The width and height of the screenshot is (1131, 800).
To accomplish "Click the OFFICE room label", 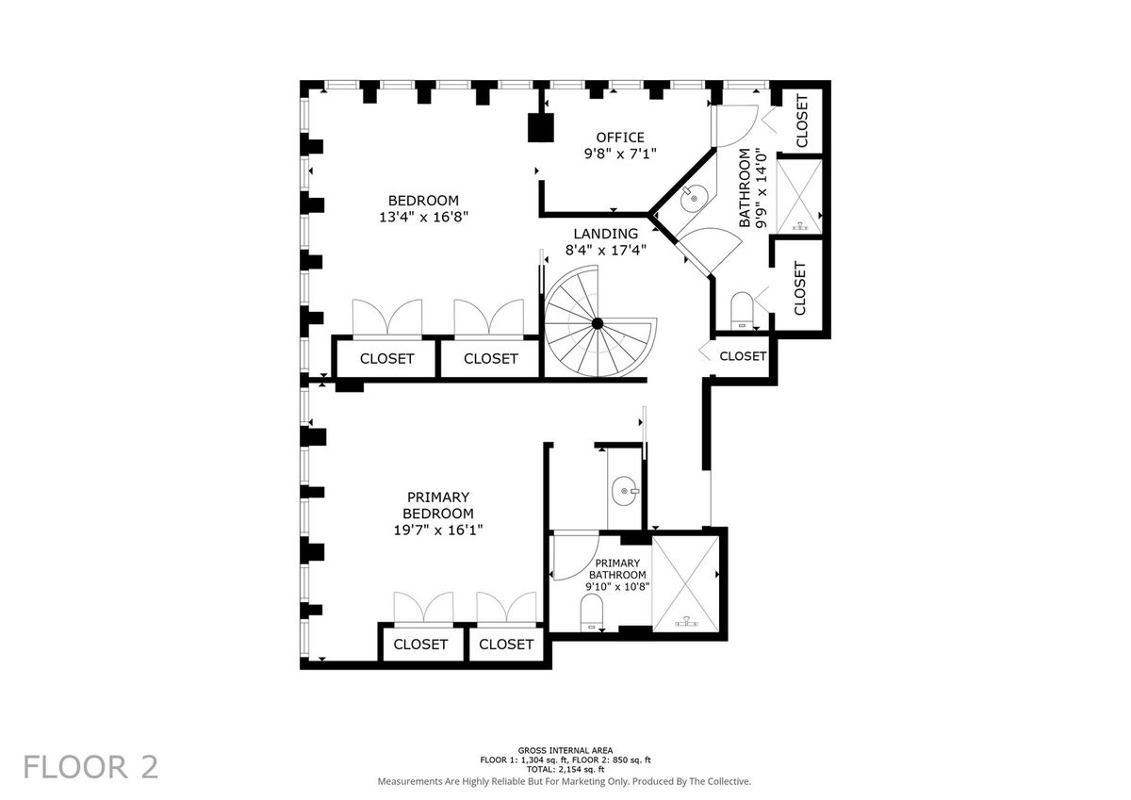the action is click(620, 138).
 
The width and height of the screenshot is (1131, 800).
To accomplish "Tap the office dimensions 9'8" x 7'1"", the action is click(620, 154).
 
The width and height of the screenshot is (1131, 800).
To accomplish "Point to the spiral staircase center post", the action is click(598, 323).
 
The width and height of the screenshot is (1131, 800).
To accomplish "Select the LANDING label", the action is click(605, 234).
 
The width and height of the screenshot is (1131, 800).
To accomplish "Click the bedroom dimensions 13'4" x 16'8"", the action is click(423, 217).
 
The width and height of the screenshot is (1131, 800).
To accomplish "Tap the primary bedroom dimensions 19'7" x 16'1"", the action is click(438, 530).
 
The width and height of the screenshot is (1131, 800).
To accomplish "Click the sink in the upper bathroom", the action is click(694, 199).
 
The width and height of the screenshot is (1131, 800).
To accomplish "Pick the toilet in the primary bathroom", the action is click(592, 612).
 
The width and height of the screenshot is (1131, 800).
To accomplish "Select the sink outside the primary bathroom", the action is click(626, 491).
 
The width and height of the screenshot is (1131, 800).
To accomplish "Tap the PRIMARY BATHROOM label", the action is click(617, 569).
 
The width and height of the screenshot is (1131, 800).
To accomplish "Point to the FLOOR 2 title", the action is click(90, 768).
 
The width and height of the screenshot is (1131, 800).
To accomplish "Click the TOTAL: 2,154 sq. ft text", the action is click(565, 769).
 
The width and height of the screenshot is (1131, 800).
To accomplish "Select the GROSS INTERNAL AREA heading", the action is click(565, 751).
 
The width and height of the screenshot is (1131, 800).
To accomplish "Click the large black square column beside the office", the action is click(541, 127).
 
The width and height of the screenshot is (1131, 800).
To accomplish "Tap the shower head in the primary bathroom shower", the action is click(687, 622).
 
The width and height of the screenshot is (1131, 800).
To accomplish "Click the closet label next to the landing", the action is click(743, 356).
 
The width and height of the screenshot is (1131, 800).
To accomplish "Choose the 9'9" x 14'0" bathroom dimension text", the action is click(761, 188).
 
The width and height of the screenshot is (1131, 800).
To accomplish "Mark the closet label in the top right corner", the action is click(802, 121).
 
